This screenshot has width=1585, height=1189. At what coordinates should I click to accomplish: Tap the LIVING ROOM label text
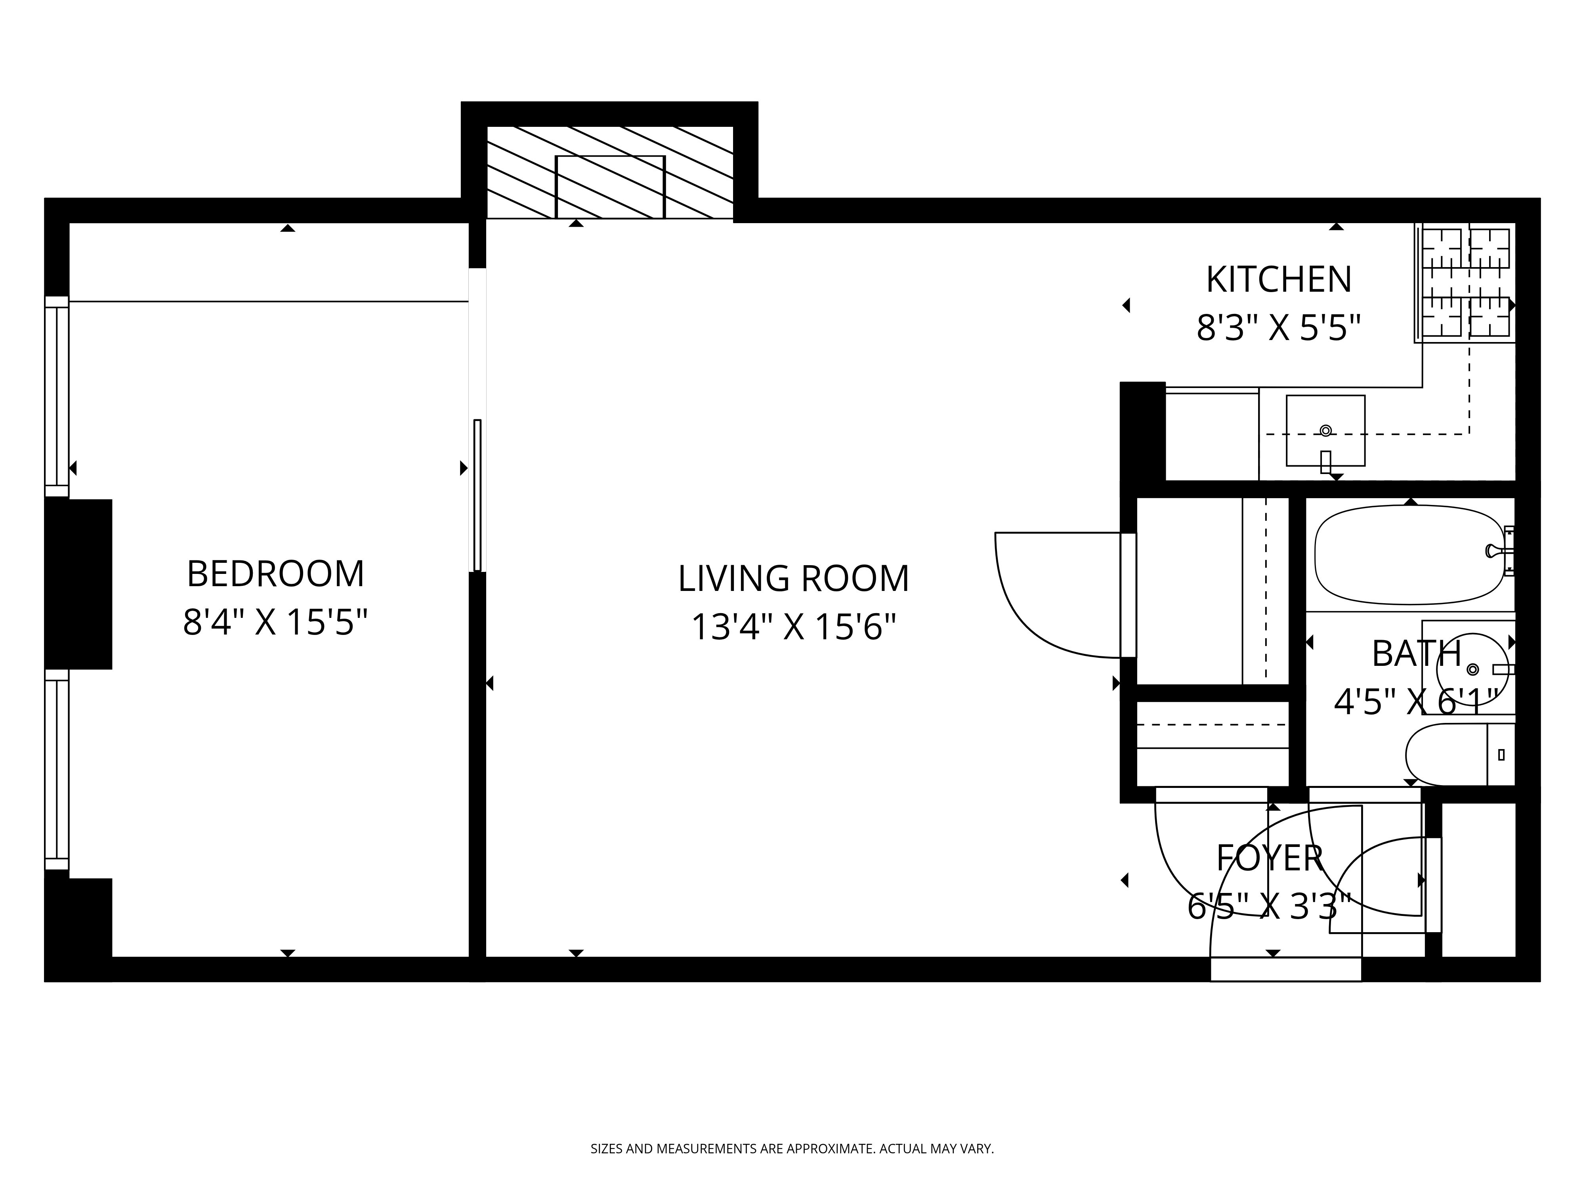(x=793, y=579)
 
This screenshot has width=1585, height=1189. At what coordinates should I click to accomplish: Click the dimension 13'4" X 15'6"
(x=793, y=627)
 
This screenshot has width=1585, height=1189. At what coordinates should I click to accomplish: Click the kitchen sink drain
(x=1325, y=431)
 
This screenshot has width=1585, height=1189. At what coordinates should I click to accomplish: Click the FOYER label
(x=1269, y=858)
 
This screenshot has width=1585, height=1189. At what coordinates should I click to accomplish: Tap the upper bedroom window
(x=57, y=396)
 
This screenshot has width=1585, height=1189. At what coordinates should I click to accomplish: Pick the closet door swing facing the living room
(x=1053, y=595)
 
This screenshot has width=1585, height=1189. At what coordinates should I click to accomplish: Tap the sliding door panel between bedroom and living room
(x=477, y=495)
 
